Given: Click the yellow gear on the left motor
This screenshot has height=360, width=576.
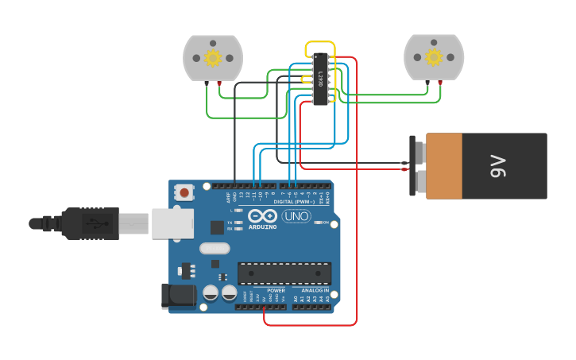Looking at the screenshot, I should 212,58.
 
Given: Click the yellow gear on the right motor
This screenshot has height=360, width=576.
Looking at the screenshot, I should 433,57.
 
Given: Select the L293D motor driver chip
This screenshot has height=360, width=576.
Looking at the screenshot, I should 321,79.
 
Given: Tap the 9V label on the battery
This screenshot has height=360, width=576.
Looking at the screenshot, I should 497,166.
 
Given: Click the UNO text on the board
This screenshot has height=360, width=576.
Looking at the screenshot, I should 296,216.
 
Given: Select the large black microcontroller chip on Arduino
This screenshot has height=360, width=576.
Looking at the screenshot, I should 284,273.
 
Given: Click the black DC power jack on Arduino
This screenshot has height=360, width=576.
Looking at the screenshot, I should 177,296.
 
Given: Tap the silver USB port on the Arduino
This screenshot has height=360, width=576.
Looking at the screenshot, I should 172,223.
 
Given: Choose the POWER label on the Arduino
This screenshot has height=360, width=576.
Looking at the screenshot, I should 276,290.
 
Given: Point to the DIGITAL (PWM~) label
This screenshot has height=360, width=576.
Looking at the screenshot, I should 291,201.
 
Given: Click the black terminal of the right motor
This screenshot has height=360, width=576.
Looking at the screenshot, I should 427,83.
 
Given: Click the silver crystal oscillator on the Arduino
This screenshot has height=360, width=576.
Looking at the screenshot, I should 214,249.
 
